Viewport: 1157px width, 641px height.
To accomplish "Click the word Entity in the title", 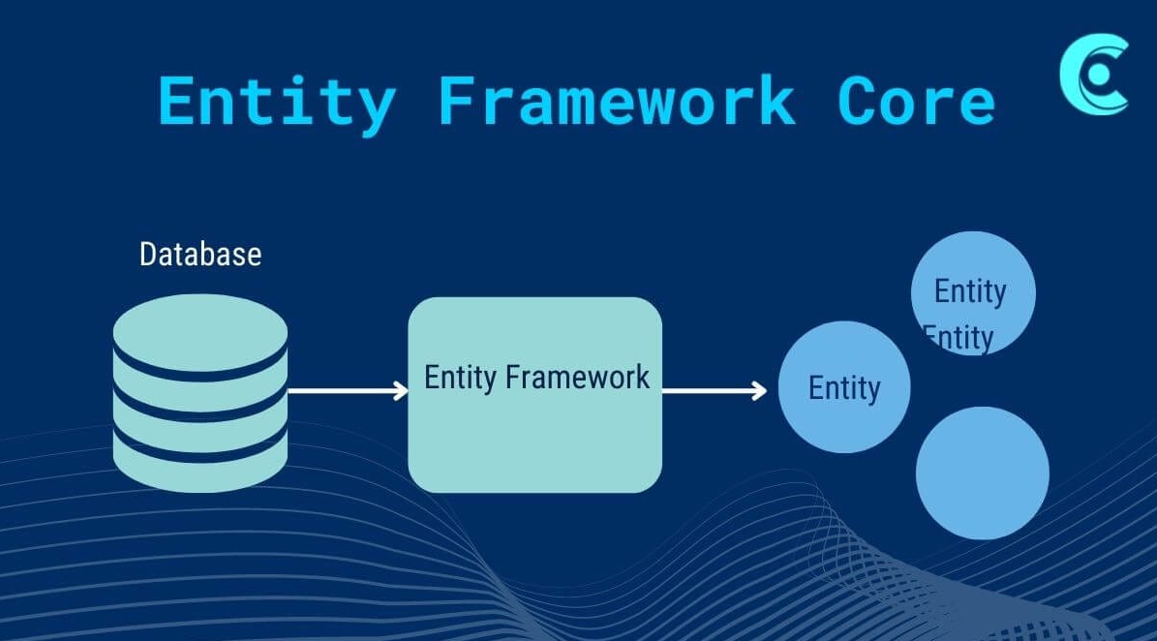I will pos(277,102).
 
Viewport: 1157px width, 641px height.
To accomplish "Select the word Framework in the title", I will pos(616,100).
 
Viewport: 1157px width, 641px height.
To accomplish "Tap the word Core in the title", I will pos(916,100).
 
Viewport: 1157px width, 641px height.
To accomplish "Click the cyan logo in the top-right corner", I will pos(1094,75).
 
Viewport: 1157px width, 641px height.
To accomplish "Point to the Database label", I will pos(200,255).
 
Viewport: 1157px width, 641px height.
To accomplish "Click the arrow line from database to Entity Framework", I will pos(344,391).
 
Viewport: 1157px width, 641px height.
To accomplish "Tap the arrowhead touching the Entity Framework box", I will pos(401,391).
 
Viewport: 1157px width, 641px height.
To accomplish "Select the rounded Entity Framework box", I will pos(534,436).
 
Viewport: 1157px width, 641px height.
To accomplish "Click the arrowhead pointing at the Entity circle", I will pos(759,391).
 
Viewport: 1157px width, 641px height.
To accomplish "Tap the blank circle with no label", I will pos(982,473).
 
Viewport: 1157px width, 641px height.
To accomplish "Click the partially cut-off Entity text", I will pos(959,339).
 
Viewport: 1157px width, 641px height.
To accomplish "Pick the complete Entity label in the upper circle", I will pos(970,291).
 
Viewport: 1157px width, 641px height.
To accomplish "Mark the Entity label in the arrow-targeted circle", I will pos(844,388).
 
